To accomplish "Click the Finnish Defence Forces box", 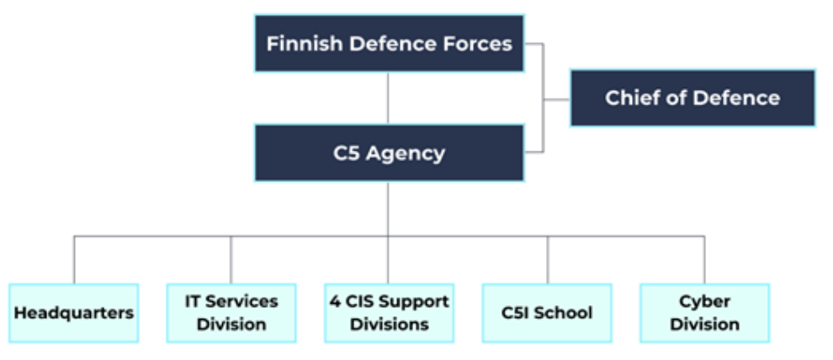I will pyautogui.click(x=389, y=43).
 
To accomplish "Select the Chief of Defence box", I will pyautogui.click(x=692, y=98).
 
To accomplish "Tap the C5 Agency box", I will pyautogui.click(x=389, y=153).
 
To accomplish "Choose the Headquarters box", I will pyautogui.click(x=73, y=313).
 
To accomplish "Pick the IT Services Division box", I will pyautogui.click(x=231, y=313).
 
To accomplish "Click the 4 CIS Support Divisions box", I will pyautogui.click(x=389, y=313).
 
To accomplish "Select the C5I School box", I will pyautogui.click(x=547, y=313).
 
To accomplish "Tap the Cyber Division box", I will pyautogui.click(x=704, y=313).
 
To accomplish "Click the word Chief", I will pyautogui.click(x=630, y=98).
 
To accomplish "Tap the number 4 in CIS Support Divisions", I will pyautogui.click(x=333, y=301).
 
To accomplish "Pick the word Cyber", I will pyautogui.click(x=704, y=301).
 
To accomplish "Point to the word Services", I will pyautogui.click(x=242, y=301).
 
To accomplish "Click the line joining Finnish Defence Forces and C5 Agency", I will pyautogui.click(x=388, y=98).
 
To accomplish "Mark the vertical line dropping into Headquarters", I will pyautogui.click(x=74, y=260).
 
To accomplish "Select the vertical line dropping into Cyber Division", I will pyautogui.click(x=704, y=260).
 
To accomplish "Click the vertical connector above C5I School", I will pyautogui.click(x=547, y=260).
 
